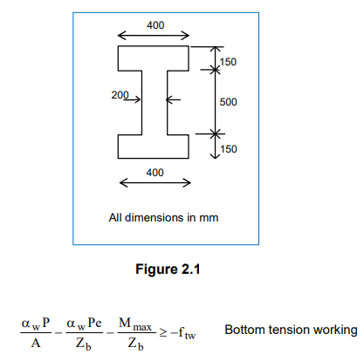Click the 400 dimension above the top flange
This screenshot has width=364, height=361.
click(x=155, y=24)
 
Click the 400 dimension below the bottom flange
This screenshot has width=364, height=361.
click(x=155, y=172)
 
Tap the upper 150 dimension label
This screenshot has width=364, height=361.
click(x=228, y=61)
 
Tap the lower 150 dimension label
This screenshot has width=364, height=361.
click(x=228, y=149)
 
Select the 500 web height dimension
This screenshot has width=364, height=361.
click(x=228, y=102)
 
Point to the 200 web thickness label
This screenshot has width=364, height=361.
click(x=120, y=94)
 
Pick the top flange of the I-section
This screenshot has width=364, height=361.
click(x=155, y=58)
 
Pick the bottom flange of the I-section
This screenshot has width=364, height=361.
click(x=155, y=146)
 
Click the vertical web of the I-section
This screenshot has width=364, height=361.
click(x=155, y=102)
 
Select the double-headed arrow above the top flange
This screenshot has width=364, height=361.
click(x=155, y=37)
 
